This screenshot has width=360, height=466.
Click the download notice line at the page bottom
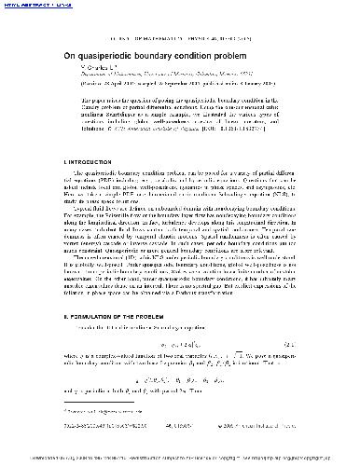[x=180, y=459]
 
